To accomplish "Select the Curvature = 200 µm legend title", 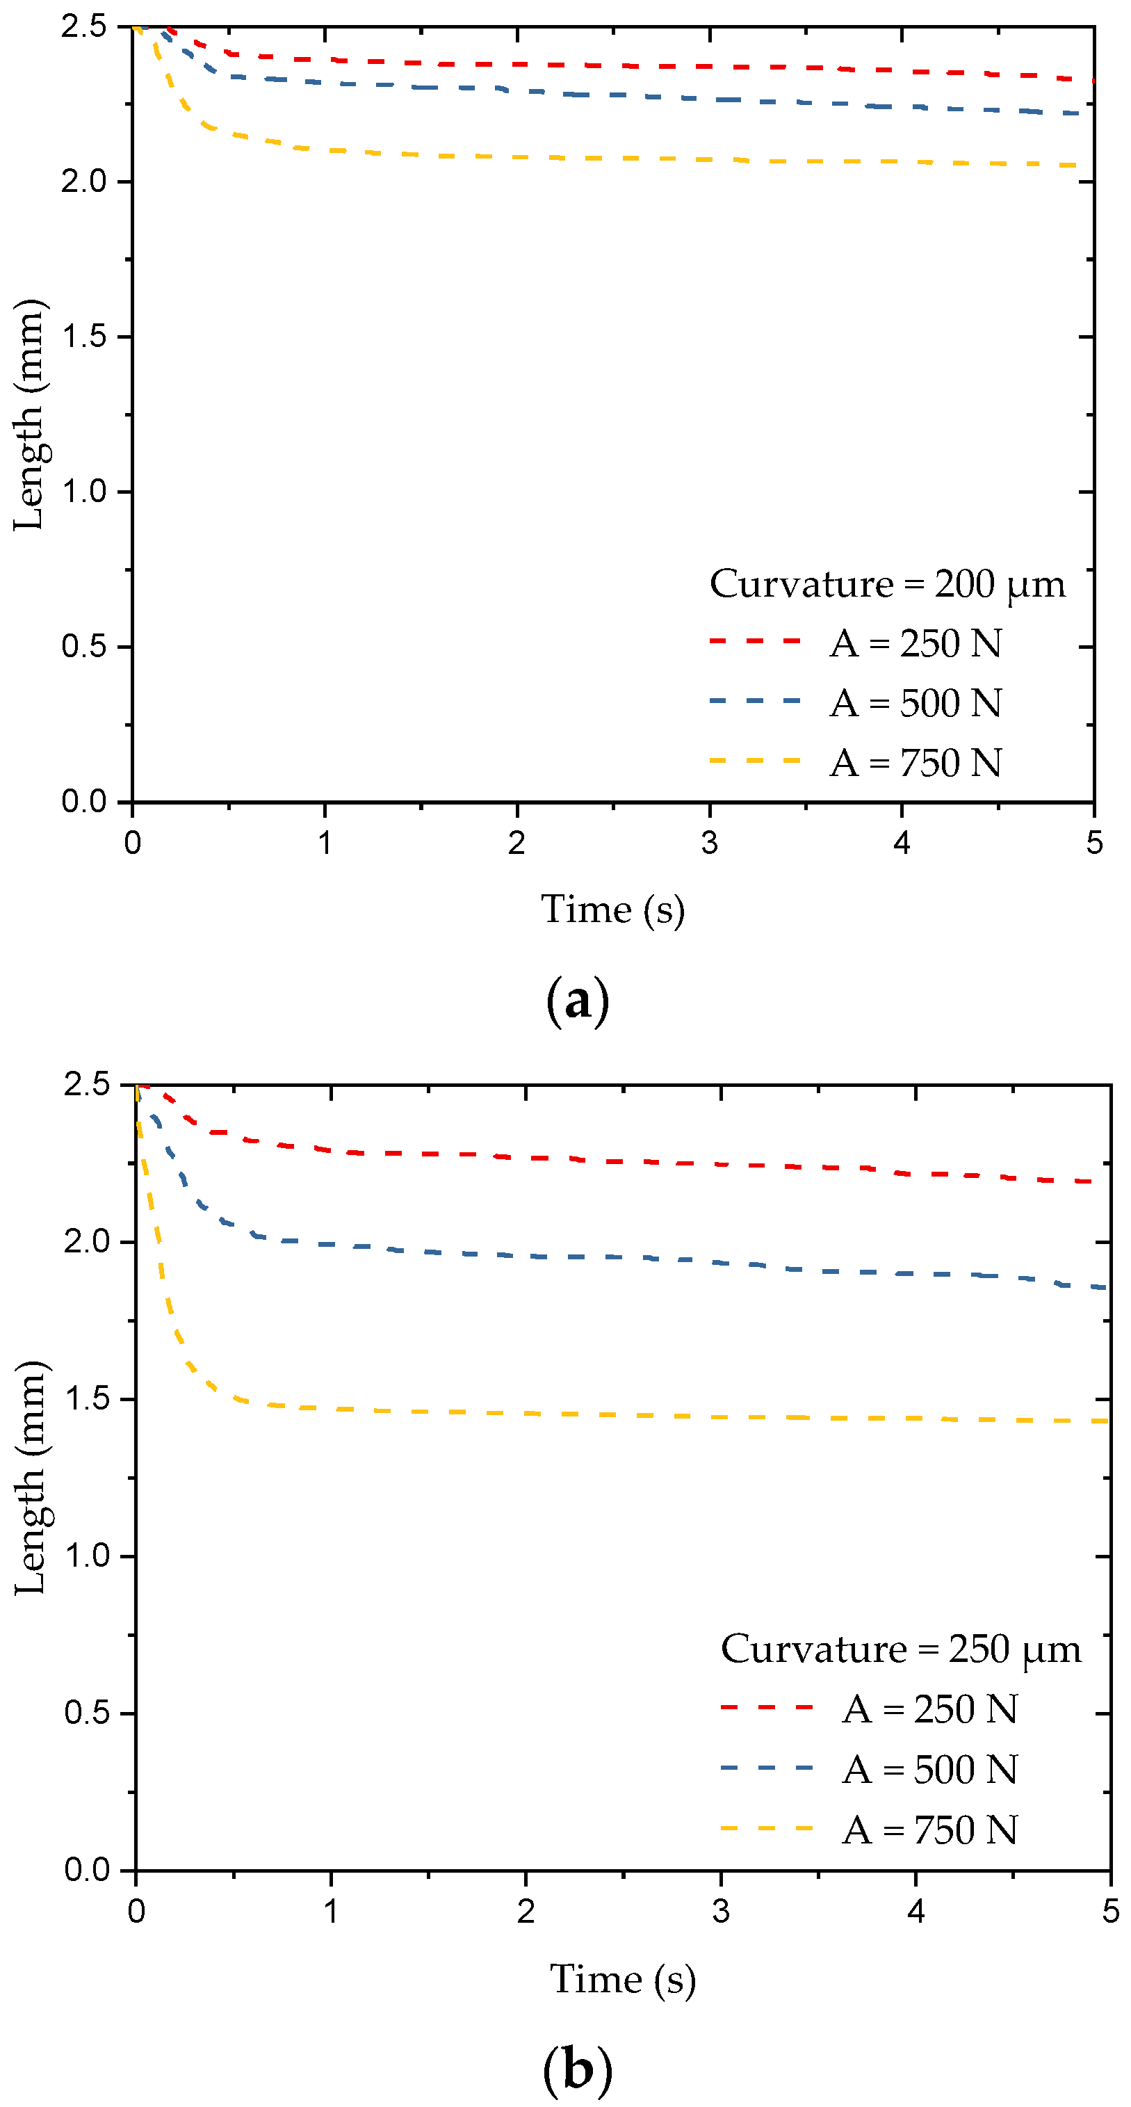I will [887, 584].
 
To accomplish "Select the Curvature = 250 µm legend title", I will [900, 1649].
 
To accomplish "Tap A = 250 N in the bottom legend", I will [930, 1709].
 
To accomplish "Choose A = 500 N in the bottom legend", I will [930, 1769].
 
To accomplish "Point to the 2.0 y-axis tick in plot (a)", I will [84, 181].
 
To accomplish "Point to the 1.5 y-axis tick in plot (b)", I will [87, 1398].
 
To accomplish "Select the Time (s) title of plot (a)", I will [612, 910].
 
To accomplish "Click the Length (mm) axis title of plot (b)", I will [32, 1477].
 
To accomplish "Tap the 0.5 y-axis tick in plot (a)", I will [84, 646].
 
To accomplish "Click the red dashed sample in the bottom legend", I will [766, 1708].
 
